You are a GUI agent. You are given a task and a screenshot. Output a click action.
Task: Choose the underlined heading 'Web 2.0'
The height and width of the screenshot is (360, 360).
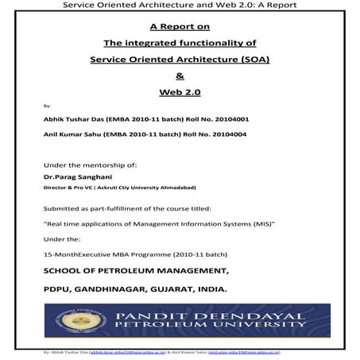pyautogui.click(x=179, y=92)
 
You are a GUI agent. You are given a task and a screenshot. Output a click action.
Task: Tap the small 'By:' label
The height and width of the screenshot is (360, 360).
pyautogui.click(x=47, y=105)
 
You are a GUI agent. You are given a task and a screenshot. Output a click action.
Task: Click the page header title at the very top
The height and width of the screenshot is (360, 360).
pyautogui.click(x=179, y=5)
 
